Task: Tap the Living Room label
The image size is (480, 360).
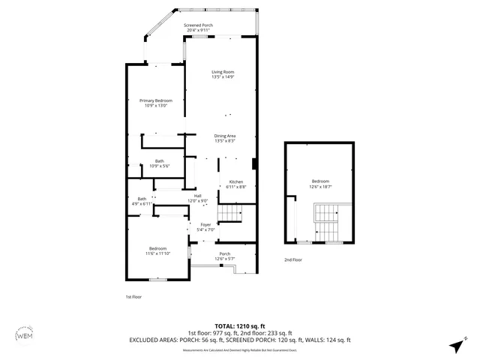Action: coord(222,74)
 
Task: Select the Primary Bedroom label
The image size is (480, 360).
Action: coord(155,103)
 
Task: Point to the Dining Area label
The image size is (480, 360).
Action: coord(225,138)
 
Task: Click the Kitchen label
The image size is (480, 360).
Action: coord(235,184)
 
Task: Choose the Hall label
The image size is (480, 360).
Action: coord(197,198)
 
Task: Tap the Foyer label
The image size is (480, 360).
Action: coord(205,226)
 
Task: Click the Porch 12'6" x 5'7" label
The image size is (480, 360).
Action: coord(224,256)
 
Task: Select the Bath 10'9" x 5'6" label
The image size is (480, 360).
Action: coord(159,163)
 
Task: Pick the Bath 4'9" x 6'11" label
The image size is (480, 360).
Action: coord(142,201)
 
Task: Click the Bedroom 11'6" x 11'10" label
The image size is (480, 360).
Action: coord(157,251)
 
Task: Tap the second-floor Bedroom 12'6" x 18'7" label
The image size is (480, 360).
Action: coord(319,184)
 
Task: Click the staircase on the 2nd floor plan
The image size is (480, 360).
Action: coord(327,223)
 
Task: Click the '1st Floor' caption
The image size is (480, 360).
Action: coord(133,297)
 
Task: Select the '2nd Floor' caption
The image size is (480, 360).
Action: coord(292,259)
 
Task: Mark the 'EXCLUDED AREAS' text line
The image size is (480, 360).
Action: coord(240,340)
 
